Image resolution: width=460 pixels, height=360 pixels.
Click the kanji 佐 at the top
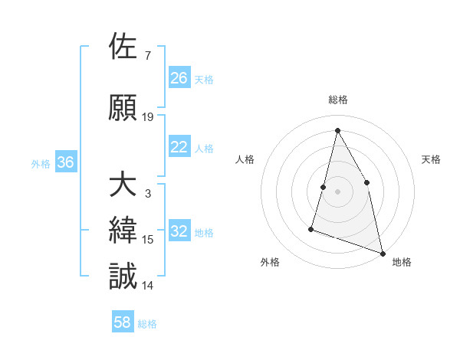point(123,47)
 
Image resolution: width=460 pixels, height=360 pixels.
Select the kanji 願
point(123,108)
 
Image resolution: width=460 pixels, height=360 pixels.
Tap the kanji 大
point(123,185)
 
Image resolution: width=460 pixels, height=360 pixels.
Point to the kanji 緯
point(123,231)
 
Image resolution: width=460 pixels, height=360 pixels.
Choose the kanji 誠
point(123,277)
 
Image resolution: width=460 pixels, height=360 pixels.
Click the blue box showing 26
point(179,78)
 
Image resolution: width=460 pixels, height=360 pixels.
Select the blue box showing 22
point(179,147)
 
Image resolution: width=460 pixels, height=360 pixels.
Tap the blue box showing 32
point(179,232)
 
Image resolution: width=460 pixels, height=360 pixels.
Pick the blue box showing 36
point(65,162)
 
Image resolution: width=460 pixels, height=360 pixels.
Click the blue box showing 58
point(123,323)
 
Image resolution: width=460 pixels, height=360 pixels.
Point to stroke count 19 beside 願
point(148,117)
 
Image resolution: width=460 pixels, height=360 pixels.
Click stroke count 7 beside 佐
point(147,56)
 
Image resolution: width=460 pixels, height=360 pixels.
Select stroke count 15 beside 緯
point(148,240)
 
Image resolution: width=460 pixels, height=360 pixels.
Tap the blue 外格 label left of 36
point(41,163)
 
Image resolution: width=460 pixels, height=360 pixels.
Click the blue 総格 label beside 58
point(147,324)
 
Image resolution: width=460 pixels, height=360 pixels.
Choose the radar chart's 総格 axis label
point(337,100)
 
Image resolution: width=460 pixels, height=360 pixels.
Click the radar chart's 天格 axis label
point(431,159)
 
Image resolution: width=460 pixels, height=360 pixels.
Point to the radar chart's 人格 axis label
point(245,159)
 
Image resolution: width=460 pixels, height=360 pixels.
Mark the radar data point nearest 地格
point(383,252)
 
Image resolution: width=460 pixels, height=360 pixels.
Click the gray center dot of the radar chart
point(337,191)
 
